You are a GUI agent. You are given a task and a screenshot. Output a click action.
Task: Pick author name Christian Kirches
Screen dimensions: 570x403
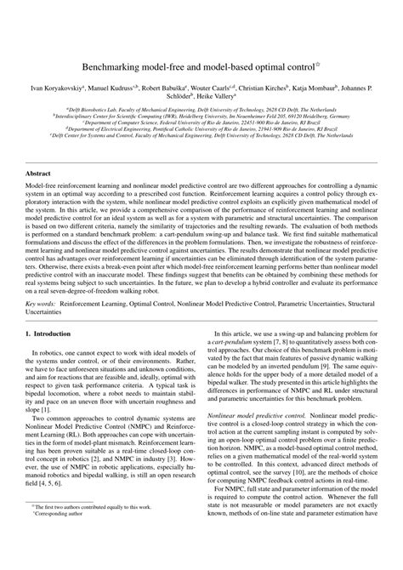pos(286,88)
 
